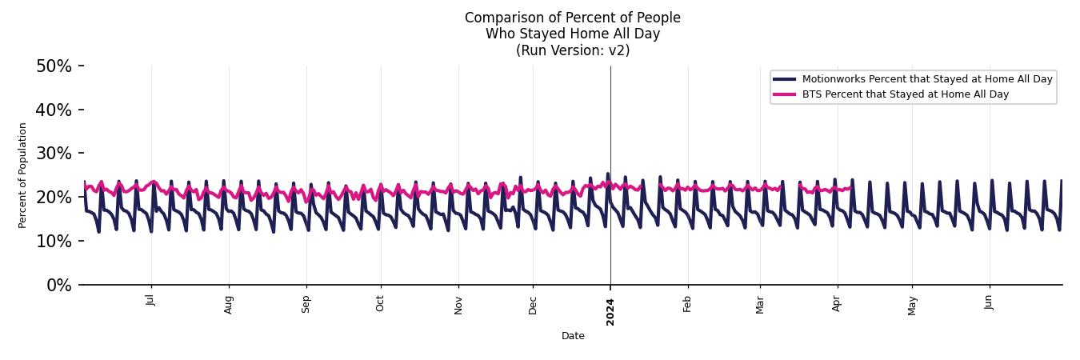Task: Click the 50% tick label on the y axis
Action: click(x=54, y=66)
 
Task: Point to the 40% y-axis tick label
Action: click(x=54, y=110)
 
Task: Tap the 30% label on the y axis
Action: click(x=54, y=154)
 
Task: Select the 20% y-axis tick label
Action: click(x=54, y=198)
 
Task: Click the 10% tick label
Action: click(x=54, y=242)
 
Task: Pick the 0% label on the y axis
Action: click(x=58, y=286)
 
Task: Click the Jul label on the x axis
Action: click(x=150, y=301)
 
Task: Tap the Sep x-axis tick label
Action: click(x=306, y=303)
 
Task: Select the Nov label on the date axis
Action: click(x=458, y=304)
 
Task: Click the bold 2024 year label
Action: click(x=610, y=311)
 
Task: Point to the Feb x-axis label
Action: click(x=687, y=303)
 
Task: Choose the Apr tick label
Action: click(x=837, y=303)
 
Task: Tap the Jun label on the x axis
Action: click(x=990, y=302)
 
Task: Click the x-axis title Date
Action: click(x=573, y=337)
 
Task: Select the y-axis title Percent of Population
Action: click(x=23, y=175)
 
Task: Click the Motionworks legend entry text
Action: click(x=927, y=79)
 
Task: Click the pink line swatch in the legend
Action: click(x=785, y=94)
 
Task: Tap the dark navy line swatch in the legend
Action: click(x=785, y=79)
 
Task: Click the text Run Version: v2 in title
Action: click(x=573, y=50)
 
